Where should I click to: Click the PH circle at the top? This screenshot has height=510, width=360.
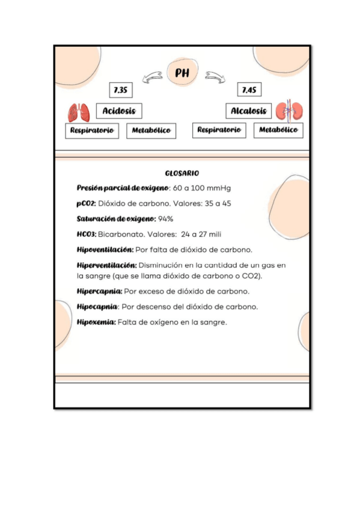[182, 73]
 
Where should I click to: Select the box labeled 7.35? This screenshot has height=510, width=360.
[121, 90]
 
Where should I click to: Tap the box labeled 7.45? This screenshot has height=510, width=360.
[249, 90]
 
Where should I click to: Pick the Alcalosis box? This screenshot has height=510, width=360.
[249, 111]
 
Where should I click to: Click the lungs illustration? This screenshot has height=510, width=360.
[79, 112]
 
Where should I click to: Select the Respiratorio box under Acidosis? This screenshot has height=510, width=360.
[92, 130]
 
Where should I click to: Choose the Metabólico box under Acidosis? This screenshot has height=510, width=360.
[151, 131]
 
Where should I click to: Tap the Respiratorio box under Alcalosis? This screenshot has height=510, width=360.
[219, 130]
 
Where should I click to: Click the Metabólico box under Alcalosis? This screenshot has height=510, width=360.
[278, 130]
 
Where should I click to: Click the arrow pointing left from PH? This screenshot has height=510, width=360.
[152, 76]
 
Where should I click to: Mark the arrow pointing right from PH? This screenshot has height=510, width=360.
[214, 76]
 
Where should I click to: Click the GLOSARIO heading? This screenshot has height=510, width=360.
[182, 173]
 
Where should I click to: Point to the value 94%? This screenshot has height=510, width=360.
[165, 218]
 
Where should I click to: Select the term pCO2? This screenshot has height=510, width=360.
[86, 203]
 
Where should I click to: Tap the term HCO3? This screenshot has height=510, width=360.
[87, 234]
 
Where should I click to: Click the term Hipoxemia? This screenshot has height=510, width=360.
[96, 322]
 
